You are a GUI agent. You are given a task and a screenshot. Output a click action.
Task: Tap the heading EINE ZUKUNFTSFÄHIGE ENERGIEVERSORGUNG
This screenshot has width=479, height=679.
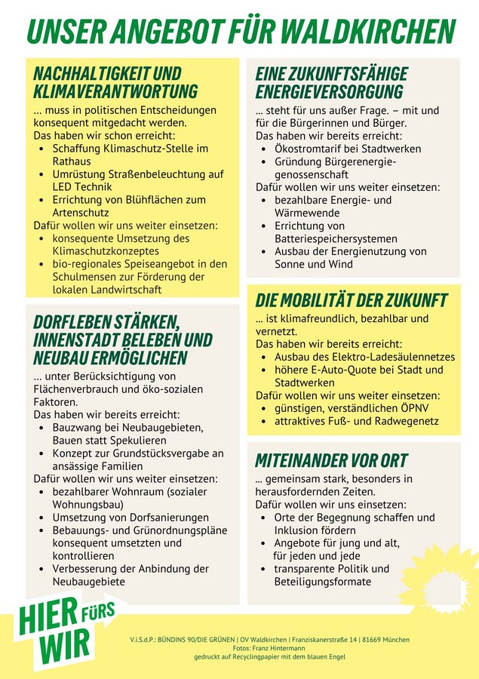coord(331,82)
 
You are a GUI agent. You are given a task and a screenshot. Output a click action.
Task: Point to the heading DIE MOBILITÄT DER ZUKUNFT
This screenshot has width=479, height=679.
coord(351,300)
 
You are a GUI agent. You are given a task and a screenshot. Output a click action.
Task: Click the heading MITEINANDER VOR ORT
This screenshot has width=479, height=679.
coord(331,460)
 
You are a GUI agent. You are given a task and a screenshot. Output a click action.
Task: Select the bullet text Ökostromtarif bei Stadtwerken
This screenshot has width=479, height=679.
coord(348,149)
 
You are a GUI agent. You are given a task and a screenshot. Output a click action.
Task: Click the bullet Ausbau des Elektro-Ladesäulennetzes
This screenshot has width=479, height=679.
coord(364,356)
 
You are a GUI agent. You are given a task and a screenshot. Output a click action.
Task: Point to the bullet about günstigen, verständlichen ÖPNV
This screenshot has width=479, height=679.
coord(351,408)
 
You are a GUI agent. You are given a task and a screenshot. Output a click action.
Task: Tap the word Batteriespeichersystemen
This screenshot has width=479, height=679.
coord(336,238)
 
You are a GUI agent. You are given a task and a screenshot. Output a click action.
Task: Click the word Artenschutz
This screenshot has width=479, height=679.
coord(81,213)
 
